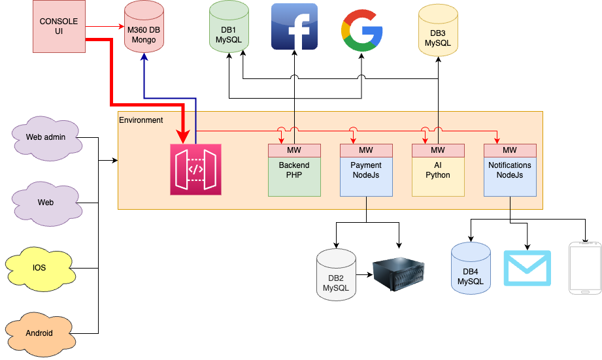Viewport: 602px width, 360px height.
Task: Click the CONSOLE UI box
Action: coord(59,27)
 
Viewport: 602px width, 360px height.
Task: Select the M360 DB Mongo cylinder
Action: coord(144,27)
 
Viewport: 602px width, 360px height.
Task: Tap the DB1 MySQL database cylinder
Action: coord(229,27)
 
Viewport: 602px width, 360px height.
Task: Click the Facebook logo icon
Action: coord(295,27)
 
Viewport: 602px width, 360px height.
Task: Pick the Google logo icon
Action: coord(361,31)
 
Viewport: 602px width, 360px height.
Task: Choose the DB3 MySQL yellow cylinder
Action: coord(438,30)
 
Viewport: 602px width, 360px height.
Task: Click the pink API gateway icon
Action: coord(196,169)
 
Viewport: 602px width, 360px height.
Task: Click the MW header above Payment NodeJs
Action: coord(366,150)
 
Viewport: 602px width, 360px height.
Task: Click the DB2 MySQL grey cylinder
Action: coord(337,274)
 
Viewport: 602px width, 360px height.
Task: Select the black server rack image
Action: coord(399,274)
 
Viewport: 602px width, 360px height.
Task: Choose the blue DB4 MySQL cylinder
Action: coord(471,268)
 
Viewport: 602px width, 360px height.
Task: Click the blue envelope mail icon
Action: coord(527,268)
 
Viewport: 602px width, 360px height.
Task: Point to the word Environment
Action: coord(141,120)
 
